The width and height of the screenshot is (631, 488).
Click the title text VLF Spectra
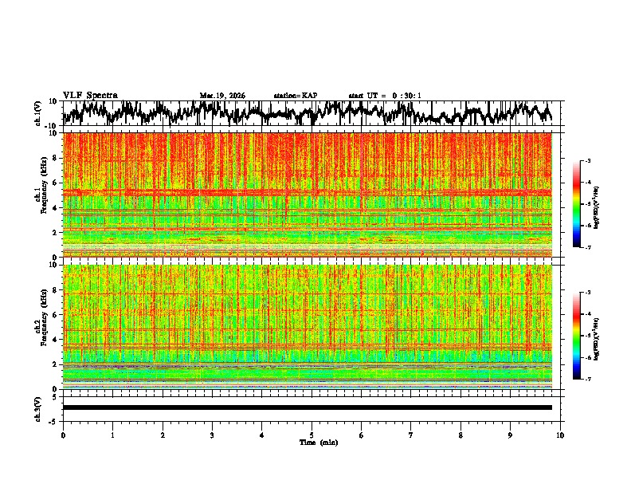[89, 95]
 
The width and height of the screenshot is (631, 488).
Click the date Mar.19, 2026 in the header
[222, 96]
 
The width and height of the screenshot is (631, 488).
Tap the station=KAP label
[295, 96]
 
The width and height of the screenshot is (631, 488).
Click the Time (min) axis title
[312, 442]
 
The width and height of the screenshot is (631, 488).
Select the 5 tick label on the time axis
[312, 435]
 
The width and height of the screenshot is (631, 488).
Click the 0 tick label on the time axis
[63, 435]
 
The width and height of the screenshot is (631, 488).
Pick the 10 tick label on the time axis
[560, 435]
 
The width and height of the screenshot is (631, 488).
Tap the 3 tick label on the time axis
[212, 435]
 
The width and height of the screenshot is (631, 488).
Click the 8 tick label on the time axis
[461, 435]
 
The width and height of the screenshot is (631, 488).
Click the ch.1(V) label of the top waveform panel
[38, 113]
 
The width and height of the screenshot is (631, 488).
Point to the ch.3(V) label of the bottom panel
[38, 407]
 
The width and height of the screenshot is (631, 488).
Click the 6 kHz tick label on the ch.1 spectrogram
[56, 183]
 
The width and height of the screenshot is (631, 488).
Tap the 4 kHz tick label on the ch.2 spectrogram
[56, 340]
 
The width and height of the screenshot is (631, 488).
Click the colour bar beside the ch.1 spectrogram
[576, 204]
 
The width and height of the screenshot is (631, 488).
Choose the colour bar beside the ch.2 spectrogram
[576, 336]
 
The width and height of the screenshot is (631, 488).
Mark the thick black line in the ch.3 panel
[307, 407]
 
